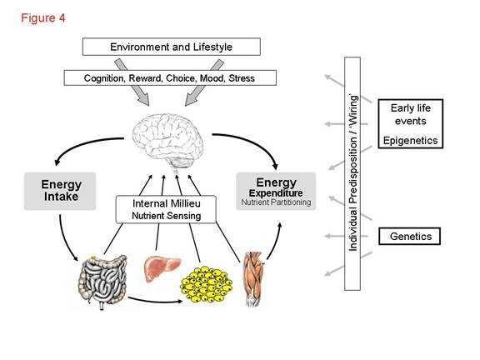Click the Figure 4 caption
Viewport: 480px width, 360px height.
click(x=42, y=18)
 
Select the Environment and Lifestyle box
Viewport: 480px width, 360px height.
click(x=172, y=47)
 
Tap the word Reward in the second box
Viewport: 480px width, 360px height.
click(x=145, y=78)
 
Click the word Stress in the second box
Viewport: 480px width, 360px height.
click(x=242, y=78)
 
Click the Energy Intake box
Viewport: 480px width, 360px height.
click(x=60, y=191)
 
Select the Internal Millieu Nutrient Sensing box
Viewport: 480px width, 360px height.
click(x=166, y=209)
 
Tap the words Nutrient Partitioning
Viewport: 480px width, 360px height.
click(x=276, y=202)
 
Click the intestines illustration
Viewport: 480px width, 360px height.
click(x=102, y=282)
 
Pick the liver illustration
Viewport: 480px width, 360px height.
click(x=162, y=268)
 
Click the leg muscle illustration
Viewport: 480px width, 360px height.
click(x=253, y=278)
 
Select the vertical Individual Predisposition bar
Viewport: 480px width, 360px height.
click(x=352, y=173)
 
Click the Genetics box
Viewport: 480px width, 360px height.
click(x=410, y=236)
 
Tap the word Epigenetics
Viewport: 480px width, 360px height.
click(x=411, y=141)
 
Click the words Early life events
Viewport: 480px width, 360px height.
click(x=411, y=114)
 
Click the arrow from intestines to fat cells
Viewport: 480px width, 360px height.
click(x=155, y=301)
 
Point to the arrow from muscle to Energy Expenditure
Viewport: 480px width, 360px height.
click(x=276, y=242)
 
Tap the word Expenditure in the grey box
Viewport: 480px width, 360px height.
click(x=276, y=193)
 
